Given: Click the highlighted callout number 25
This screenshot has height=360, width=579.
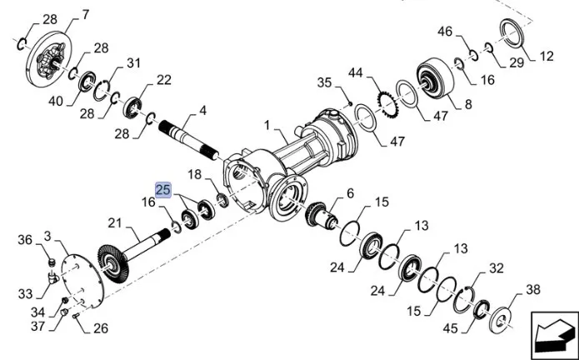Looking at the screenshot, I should pyautogui.click(x=162, y=190).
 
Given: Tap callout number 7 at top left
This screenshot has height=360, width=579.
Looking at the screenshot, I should pyautogui.click(x=83, y=14).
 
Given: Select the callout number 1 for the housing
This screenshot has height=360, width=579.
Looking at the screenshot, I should pyautogui.click(x=267, y=125).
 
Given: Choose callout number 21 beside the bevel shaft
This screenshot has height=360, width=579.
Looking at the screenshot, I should pyautogui.click(x=115, y=222).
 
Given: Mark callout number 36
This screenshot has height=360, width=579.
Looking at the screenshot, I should pyautogui.click(x=25, y=240).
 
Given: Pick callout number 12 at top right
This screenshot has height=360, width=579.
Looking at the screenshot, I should pyautogui.click(x=547, y=57).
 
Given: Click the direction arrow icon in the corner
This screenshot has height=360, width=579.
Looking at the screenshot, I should pyautogui.click(x=552, y=334).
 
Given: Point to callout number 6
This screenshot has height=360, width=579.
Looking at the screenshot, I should pyautogui.click(x=350, y=193).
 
